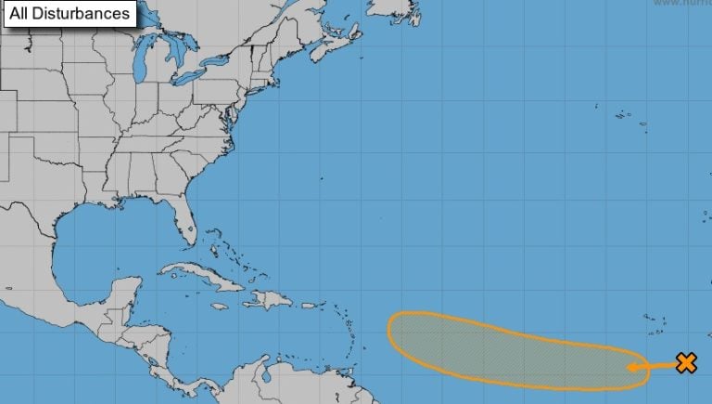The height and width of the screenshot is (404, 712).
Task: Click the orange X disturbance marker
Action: click(686, 362)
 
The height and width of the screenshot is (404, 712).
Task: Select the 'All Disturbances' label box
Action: click(70, 14)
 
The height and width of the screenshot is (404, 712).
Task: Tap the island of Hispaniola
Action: click(269, 299)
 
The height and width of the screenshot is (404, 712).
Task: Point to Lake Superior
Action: click(130, 33)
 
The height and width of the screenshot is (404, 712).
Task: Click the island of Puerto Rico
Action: click(311, 305)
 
